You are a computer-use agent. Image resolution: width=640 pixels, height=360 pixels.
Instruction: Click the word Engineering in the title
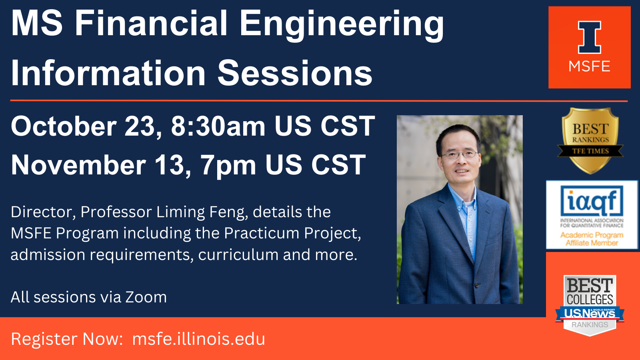coord(342,25)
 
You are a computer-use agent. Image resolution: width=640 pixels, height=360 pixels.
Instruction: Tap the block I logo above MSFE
coord(590,37)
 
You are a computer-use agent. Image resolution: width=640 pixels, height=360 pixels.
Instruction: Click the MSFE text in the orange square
coord(590,66)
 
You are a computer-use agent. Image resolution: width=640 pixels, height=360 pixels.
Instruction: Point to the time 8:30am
coord(218,126)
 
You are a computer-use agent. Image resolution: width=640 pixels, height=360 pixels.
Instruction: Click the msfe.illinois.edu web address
coord(198,339)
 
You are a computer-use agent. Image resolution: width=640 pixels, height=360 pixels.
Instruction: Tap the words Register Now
coord(67,339)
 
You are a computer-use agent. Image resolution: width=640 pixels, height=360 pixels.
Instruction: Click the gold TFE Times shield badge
coord(590,140)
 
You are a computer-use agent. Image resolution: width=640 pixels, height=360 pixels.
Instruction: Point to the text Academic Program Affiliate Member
coord(592,239)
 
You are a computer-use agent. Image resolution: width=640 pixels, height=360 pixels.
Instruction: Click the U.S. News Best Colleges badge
coord(590,305)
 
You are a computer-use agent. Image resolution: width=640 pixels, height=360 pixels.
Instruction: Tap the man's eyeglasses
coord(459,154)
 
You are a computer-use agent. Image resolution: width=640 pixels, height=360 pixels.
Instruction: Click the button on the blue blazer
coord(476,285)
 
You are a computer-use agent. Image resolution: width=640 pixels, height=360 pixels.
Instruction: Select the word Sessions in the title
coord(295,73)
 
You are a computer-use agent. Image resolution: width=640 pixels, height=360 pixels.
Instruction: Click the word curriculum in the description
coord(238,254)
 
